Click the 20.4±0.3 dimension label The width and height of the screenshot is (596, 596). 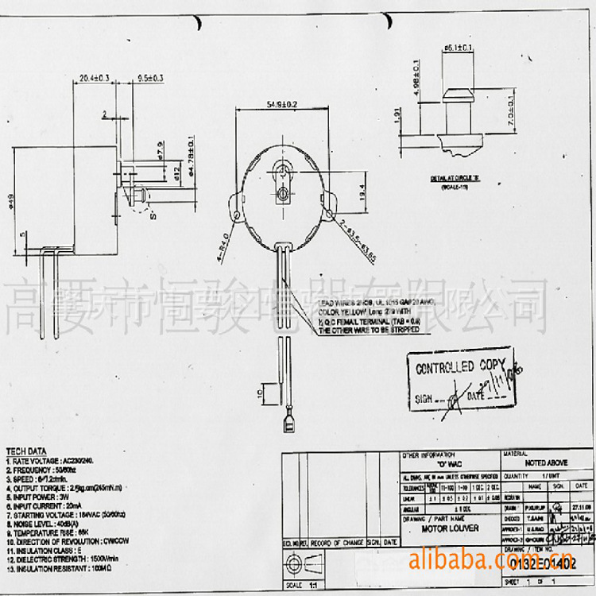[94, 78]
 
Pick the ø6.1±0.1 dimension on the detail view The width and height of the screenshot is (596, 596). [459, 48]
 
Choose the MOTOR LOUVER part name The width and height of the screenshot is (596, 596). [447, 528]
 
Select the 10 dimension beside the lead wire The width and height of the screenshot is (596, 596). [261, 393]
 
